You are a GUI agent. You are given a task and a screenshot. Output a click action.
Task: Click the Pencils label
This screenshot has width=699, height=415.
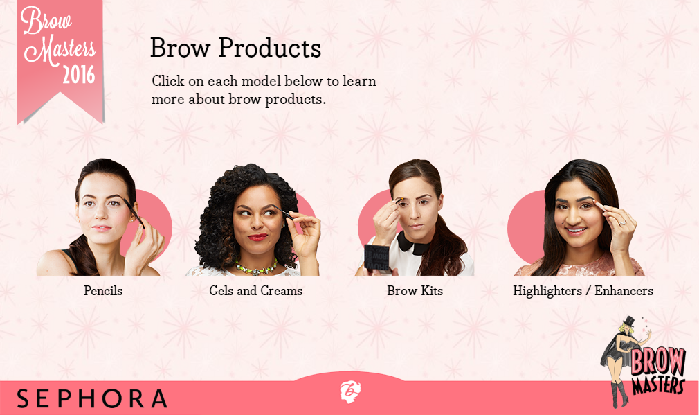point(103,291)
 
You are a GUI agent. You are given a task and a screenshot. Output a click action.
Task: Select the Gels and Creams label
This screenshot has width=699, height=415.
point(256,291)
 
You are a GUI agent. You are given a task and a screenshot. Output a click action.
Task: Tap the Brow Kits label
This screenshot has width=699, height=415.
point(415,291)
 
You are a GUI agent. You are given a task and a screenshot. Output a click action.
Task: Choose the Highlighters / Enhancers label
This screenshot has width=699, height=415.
point(583,291)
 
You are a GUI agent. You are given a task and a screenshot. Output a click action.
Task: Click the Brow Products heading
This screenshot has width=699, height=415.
point(235,48)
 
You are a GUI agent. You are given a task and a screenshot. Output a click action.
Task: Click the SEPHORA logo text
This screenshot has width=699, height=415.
point(92,398)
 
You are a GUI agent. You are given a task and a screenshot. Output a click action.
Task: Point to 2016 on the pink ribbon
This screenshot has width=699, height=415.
point(78,74)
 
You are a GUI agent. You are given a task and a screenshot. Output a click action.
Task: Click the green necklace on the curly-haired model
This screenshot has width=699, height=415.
point(256,267)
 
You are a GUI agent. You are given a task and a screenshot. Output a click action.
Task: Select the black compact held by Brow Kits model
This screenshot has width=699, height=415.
point(377,259)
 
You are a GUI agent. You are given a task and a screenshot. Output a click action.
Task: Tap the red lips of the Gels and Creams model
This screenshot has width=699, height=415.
point(257,237)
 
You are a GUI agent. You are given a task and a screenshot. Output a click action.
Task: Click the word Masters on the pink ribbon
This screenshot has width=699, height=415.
point(60,51)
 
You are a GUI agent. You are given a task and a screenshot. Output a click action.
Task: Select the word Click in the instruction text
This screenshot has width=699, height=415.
point(168,81)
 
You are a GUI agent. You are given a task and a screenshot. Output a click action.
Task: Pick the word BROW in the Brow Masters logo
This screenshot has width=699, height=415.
point(657,360)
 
